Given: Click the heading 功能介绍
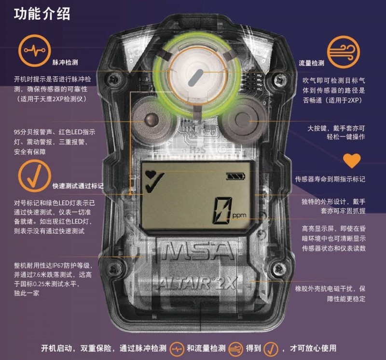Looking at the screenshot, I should tap(42, 14).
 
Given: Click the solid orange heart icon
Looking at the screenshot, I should tap(352, 161).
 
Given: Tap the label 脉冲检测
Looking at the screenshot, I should tap(65, 63).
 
